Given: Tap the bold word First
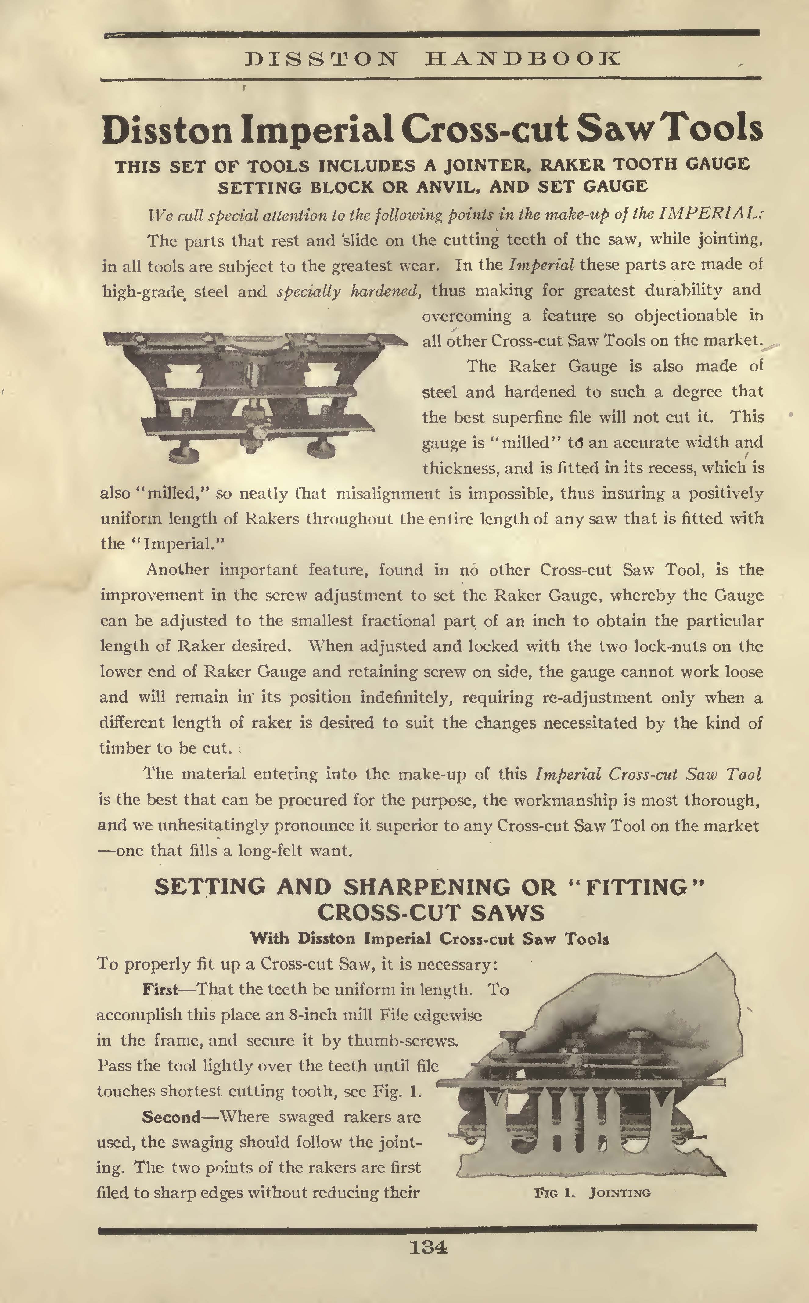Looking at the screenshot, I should pos(160,990).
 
